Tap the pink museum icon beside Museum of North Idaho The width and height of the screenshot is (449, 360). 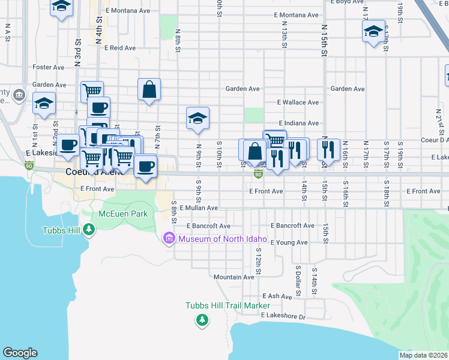coord(168,239)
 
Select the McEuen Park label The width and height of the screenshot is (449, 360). coord(123,214)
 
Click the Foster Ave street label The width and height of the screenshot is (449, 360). coord(49,67)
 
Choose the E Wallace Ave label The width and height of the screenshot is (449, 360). coord(298,103)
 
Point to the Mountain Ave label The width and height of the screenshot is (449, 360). coord(234,277)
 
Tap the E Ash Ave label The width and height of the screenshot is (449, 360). coord(277,296)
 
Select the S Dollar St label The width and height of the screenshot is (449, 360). coord(298,281)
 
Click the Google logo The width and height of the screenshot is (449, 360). coord(20,353)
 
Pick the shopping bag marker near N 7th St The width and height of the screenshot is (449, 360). coord(149,90)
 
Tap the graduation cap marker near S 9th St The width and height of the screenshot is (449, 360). coord(197,119)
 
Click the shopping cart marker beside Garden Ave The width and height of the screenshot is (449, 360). coord(92,92)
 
